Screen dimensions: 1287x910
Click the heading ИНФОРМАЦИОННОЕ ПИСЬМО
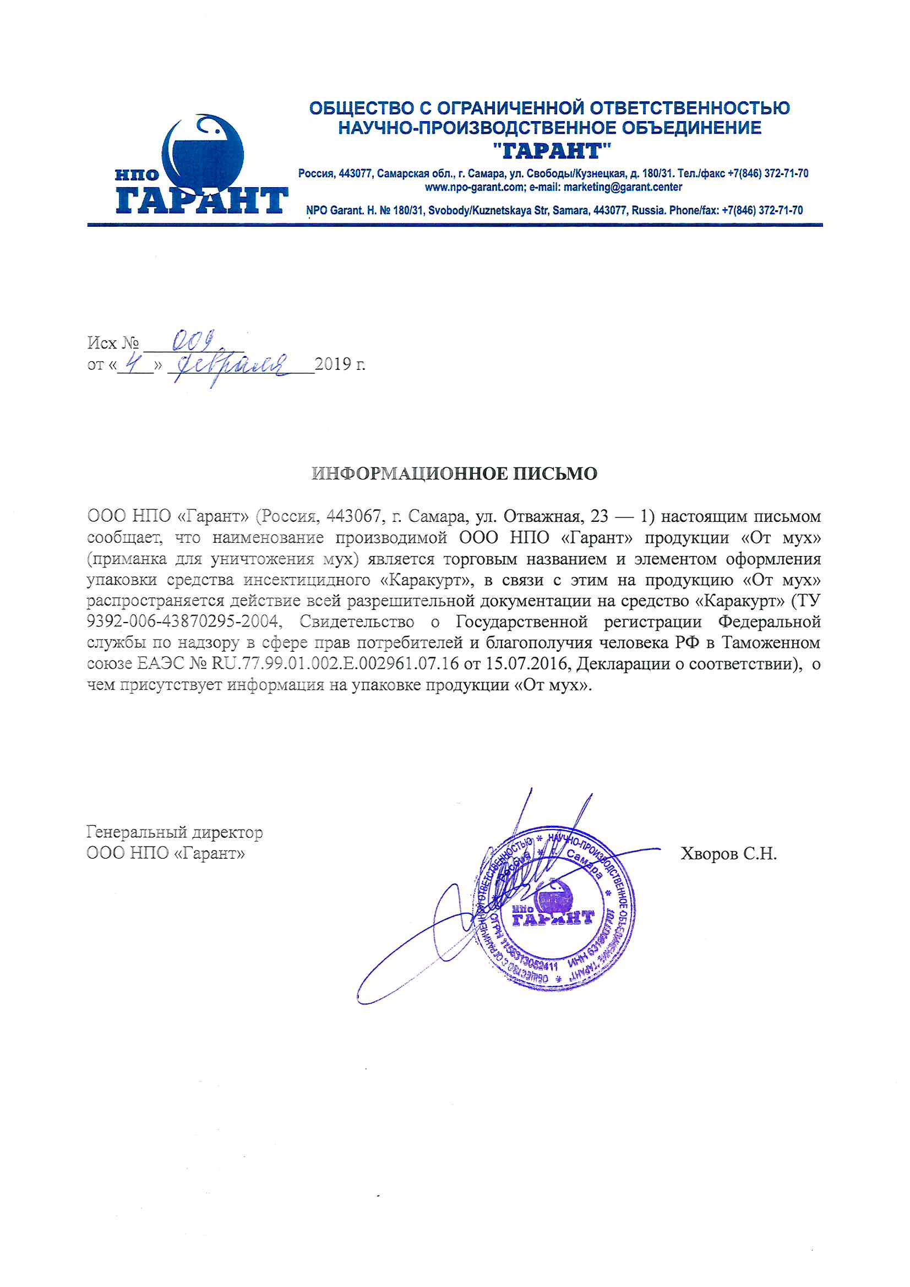point(454,473)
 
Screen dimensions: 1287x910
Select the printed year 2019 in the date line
point(333,364)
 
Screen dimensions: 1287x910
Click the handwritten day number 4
point(133,364)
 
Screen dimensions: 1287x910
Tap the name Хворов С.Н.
point(728,854)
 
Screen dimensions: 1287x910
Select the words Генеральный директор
point(175,832)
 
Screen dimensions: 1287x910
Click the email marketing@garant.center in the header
point(623,187)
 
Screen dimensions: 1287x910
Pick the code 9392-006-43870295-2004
point(183,621)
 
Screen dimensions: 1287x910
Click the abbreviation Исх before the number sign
point(102,342)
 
